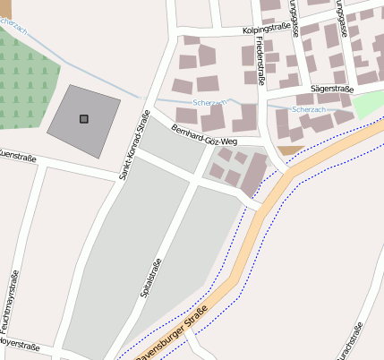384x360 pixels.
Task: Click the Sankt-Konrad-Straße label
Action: [x=132, y=143]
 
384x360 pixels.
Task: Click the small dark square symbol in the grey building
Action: [x=84, y=118]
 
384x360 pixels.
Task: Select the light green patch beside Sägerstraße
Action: [x=368, y=103]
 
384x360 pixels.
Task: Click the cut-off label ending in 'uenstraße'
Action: [x=17, y=158]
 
